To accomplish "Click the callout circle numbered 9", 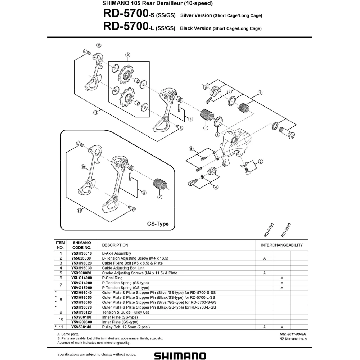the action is tap(128, 55).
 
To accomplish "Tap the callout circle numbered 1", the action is tap(260, 93).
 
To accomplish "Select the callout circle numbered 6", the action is tap(218, 135).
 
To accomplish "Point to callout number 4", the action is tap(216, 187).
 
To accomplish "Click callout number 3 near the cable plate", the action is tap(261, 162).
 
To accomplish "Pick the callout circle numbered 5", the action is tap(192, 149).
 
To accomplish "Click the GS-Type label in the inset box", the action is tap(158, 224).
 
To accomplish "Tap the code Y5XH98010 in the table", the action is tap(81, 253).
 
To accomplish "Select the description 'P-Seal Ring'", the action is tap(112, 278).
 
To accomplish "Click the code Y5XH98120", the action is tap(81, 312).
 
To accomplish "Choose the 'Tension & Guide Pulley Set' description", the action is tap(125, 312).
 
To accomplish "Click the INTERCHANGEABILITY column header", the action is tap(282, 245).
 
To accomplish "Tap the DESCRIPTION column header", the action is tap(115, 245).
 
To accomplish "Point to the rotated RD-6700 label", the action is tap(269, 230).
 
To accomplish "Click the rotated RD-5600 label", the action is tap(286, 230).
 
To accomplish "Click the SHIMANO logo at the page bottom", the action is tap(180, 356).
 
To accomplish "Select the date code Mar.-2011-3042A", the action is tap(293, 334).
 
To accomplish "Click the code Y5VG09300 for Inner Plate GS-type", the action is tap(81, 322).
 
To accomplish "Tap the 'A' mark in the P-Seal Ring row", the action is tap(282, 278).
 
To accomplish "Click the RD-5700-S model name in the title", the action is tap(129, 14).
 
